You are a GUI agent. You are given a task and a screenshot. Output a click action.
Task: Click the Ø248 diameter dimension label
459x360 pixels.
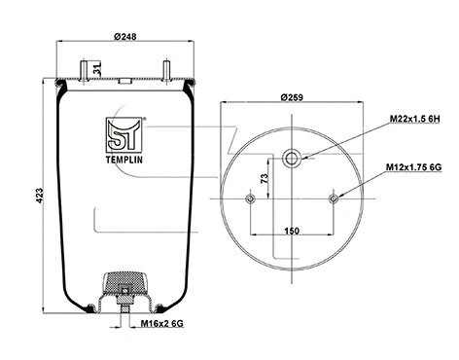tap(123, 38)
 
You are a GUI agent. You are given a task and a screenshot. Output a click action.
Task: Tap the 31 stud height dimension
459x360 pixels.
tap(97, 68)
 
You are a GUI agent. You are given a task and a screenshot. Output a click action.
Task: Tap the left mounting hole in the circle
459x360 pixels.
tap(251, 198)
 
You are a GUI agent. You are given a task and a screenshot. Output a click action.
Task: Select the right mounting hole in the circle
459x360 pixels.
tap(335, 198)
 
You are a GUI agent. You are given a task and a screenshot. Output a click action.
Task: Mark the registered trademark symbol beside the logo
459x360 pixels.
tap(145, 120)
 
